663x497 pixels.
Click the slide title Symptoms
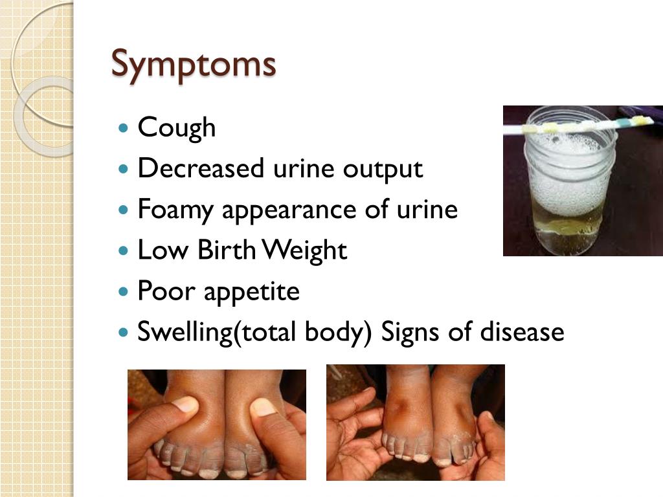(194, 64)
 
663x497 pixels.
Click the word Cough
(177, 127)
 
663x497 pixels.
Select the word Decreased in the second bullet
(201, 169)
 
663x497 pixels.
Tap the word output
(383, 170)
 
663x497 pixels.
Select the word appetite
(251, 293)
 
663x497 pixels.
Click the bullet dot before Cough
(125, 128)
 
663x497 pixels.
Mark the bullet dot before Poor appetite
(125, 292)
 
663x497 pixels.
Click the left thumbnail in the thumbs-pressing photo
(185, 405)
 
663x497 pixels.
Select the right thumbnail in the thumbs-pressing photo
(263, 407)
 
